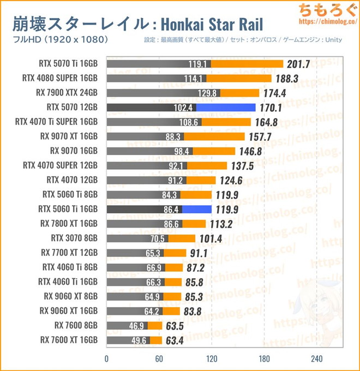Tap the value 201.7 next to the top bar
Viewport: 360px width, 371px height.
coord(297,64)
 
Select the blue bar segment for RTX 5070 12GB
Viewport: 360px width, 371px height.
coord(226,107)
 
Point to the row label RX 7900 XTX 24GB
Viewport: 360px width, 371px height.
coord(69,93)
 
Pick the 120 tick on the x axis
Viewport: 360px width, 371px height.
coord(212,358)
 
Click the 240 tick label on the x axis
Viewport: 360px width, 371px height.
coord(317,358)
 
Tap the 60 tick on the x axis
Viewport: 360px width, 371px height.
coord(159,358)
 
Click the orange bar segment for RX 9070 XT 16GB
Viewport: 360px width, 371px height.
coord(214,136)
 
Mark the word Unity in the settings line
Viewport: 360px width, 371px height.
coord(343,40)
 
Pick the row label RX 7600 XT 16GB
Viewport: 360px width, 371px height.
coord(69,340)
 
